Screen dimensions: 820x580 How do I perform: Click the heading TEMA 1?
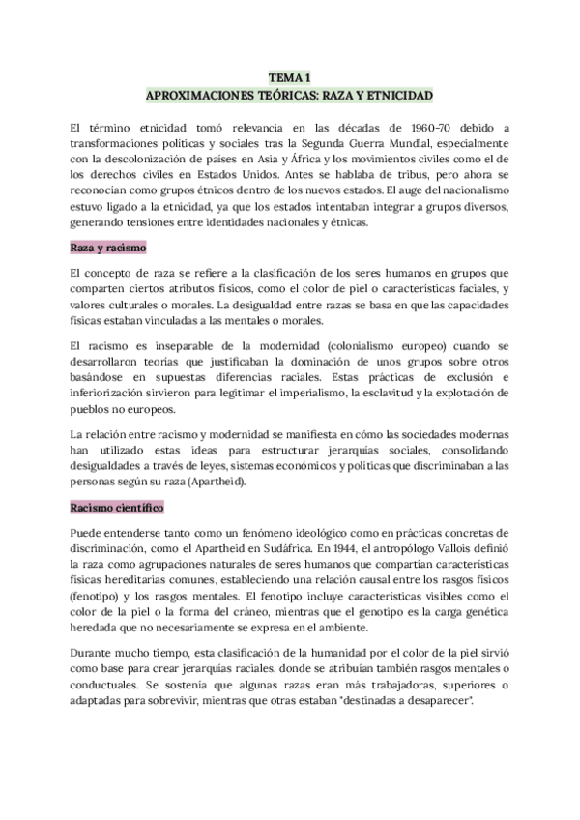point(290,78)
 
